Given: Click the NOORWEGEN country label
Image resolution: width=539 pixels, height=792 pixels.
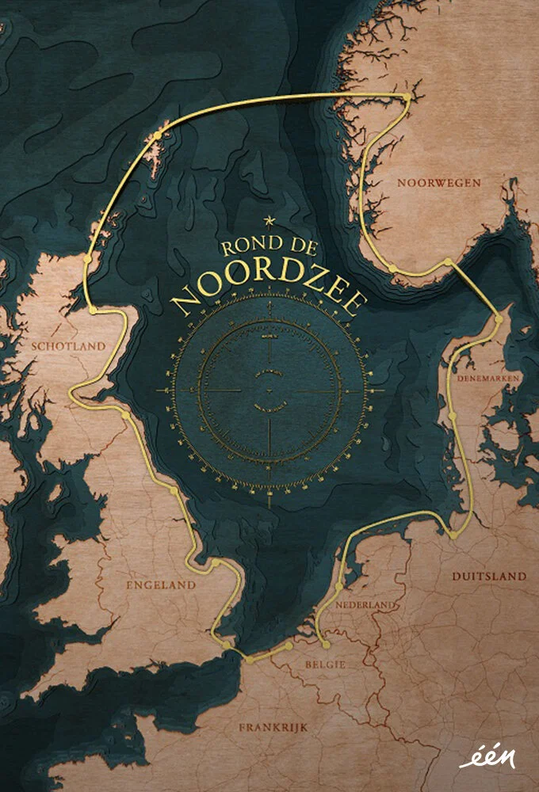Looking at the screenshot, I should (x=427, y=182).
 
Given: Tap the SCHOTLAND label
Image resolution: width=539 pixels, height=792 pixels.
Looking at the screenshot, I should (x=67, y=346).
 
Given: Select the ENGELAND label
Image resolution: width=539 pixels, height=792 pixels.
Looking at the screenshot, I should (x=161, y=584).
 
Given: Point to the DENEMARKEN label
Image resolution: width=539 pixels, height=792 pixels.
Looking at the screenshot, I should (x=487, y=379).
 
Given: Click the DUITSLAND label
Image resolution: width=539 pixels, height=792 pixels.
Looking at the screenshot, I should (x=488, y=576).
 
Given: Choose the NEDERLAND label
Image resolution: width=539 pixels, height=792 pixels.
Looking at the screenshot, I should (x=365, y=604).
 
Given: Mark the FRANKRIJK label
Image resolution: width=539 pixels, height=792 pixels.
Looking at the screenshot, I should (x=272, y=726).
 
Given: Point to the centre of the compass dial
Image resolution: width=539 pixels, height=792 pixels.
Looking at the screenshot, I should (x=269, y=390).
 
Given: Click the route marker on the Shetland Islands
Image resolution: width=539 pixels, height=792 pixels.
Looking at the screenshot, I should (x=156, y=135).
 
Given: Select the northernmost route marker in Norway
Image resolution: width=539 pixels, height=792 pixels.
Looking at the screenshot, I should (x=407, y=97).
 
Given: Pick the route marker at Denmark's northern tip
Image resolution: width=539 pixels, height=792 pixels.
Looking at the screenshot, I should (x=498, y=318).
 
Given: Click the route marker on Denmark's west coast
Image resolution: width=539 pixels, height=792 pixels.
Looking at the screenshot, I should (x=453, y=415).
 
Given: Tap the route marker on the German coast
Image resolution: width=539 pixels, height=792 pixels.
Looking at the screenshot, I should (x=453, y=535).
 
